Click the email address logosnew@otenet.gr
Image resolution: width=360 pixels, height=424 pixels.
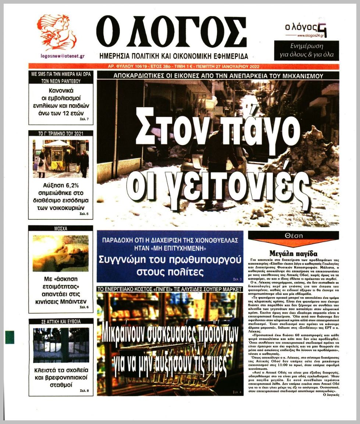[x=63, y=56]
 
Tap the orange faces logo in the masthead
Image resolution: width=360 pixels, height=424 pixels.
[x=57, y=32]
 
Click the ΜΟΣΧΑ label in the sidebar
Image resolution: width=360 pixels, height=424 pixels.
[x=61, y=229]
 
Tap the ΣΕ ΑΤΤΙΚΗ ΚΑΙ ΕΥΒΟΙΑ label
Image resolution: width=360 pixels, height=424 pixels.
[x=61, y=321]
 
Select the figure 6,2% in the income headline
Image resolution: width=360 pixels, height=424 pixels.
[x=70, y=185]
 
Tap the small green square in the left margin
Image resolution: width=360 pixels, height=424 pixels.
[x=10, y=337]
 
